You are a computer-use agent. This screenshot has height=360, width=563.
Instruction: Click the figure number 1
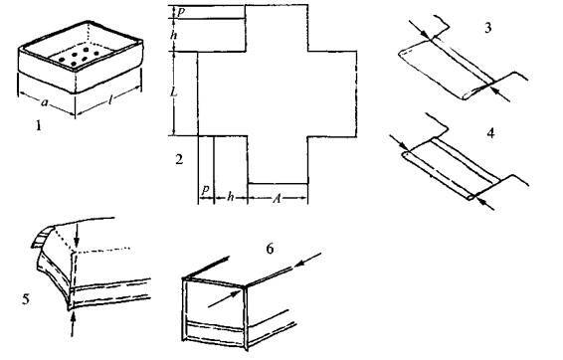[38, 125]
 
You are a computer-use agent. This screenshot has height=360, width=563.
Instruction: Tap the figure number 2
[179, 159]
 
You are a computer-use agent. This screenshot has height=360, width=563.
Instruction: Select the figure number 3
[487, 28]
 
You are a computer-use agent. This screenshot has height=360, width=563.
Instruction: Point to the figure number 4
[490, 133]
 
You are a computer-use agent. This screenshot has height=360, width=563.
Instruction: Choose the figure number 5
[26, 299]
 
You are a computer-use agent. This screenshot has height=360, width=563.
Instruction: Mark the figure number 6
[270, 249]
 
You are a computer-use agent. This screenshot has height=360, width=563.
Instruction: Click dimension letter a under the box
[44, 103]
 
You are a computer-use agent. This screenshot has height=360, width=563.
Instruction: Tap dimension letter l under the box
[110, 100]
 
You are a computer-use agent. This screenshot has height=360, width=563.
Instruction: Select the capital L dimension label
[174, 92]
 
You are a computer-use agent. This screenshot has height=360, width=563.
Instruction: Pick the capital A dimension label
[277, 198]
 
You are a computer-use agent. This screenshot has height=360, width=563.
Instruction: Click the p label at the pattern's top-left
[181, 12]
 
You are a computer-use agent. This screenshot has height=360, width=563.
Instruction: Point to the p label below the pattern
[205, 190]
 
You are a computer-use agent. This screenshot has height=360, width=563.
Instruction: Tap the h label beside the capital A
[231, 197]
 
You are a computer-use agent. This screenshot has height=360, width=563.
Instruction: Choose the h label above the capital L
[174, 35]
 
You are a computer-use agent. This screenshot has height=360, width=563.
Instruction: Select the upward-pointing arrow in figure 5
[73, 324]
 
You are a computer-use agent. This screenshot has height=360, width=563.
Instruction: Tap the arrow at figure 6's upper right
[307, 260]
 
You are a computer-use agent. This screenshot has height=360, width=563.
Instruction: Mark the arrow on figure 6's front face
[225, 299]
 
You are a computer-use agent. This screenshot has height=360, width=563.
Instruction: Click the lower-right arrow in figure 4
[484, 203]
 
